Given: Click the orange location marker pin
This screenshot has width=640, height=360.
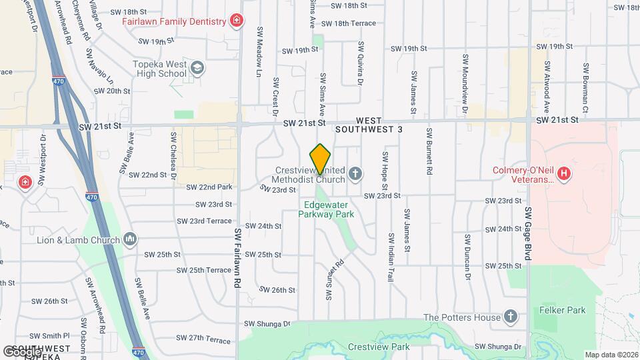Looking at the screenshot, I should (x=321, y=159).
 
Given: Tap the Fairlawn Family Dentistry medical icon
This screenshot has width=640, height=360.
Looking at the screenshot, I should (x=236, y=21).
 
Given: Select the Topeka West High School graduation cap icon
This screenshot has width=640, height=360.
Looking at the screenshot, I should (x=197, y=67).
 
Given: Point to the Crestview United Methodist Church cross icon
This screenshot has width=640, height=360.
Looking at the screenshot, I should (x=355, y=175).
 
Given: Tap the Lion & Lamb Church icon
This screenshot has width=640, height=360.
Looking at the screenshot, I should (x=131, y=239).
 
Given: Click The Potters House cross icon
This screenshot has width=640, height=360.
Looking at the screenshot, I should (x=511, y=317).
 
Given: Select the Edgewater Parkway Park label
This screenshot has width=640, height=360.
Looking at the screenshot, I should (x=329, y=209).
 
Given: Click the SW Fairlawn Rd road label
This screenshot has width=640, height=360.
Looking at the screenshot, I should (x=237, y=256).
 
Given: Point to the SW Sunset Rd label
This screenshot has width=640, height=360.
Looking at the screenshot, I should (x=334, y=279).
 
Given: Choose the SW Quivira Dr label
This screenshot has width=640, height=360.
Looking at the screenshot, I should (x=361, y=63).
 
